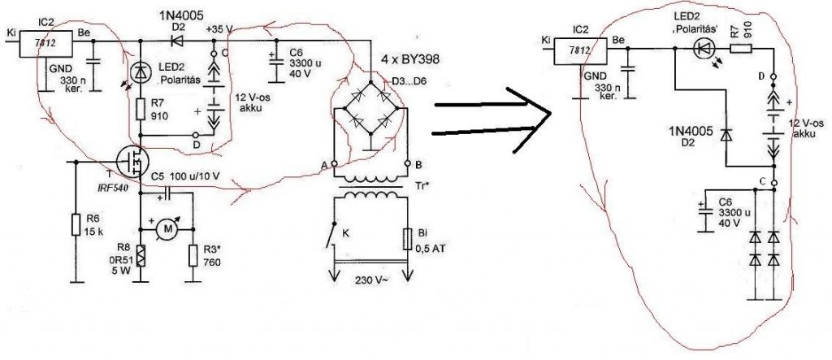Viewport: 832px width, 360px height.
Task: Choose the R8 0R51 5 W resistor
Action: (140, 254)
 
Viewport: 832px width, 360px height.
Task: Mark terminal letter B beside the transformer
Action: (418, 163)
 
